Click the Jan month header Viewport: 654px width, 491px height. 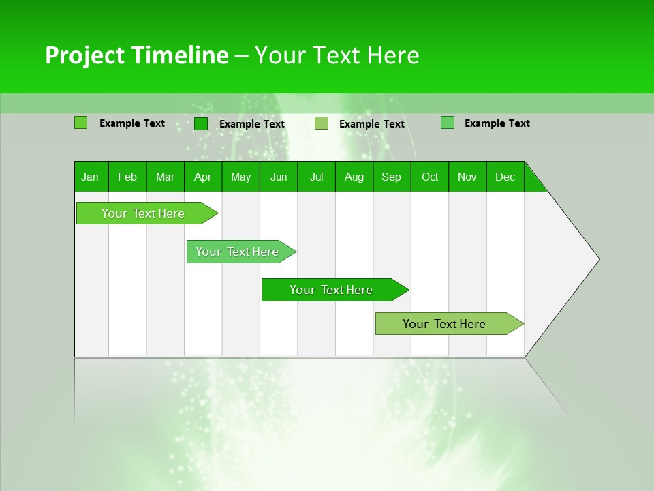(x=90, y=177)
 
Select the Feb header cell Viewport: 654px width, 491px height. (x=127, y=177)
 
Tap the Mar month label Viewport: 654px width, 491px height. (x=165, y=177)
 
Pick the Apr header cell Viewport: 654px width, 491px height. (x=202, y=177)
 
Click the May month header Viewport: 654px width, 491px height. (x=240, y=177)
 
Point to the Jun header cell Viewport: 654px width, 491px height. (x=279, y=177)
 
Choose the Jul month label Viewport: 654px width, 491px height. (x=316, y=177)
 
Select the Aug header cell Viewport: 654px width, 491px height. (x=354, y=177)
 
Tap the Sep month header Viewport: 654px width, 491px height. (x=392, y=177)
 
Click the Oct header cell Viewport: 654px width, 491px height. (x=430, y=177)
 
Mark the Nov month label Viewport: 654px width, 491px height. (x=467, y=177)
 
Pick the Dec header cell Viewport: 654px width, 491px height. (x=505, y=177)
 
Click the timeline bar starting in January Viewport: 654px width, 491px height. (x=144, y=213)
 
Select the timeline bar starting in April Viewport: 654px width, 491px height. (x=238, y=252)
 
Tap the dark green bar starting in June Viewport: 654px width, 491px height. (x=332, y=290)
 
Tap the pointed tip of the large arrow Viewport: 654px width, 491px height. (x=597, y=258)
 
